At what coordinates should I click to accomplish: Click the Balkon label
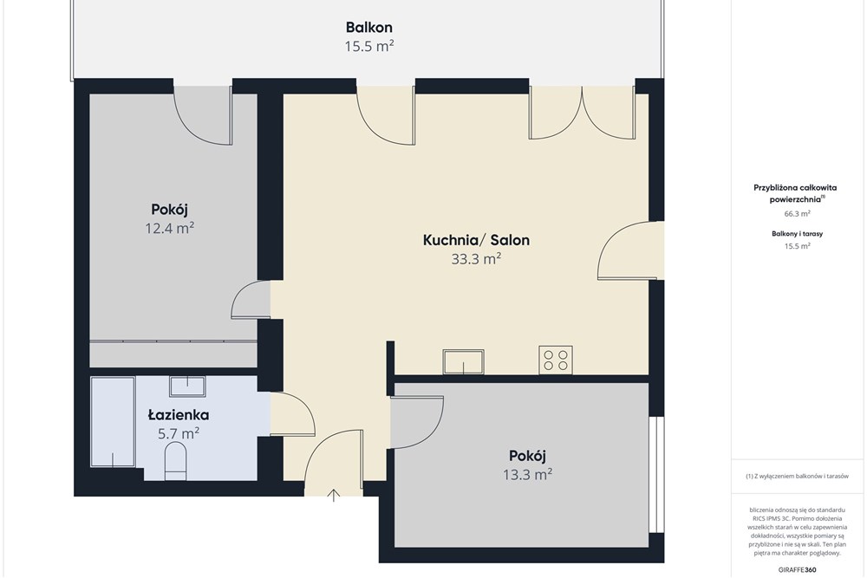pyautogui.click(x=368, y=27)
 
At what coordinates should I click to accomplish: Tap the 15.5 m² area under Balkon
pyautogui.click(x=368, y=46)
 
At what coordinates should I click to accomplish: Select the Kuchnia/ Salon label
pyautogui.click(x=476, y=240)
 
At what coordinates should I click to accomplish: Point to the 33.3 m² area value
pyautogui.click(x=476, y=258)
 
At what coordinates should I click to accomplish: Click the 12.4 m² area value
pyautogui.click(x=170, y=228)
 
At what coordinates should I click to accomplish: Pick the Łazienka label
pyautogui.click(x=179, y=414)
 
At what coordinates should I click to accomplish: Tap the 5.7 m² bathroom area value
pyautogui.click(x=179, y=433)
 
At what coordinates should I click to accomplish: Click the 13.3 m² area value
pyautogui.click(x=527, y=474)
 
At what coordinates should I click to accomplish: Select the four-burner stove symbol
pyautogui.click(x=556, y=360)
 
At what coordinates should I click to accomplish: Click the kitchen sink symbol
pyautogui.click(x=463, y=362)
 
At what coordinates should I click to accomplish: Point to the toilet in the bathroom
pyautogui.click(x=176, y=461)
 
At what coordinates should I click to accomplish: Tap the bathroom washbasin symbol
pyautogui.click(x=188, y=386)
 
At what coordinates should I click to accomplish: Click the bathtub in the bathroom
pyautogui.click(x=113, y=422)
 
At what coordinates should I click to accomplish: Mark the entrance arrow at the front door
pyautogui.click(x=334, y=495)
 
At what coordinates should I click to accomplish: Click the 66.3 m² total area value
pyautogui.click(x=798, y=213)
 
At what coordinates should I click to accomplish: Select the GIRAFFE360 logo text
pyautogui.click(x=797, y=569)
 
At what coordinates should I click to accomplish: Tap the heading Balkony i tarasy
pyautogui.click(x=798, y=234)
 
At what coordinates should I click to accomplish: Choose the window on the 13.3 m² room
pyautogui.click(x=657, y=474)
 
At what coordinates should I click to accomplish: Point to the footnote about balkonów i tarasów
pyautogui.click(x=797, y=476)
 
